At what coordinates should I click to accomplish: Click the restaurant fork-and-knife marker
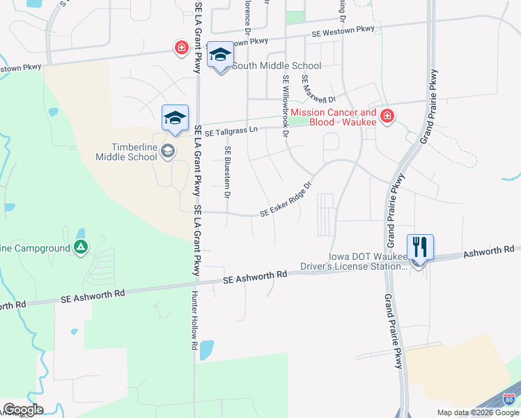click(419, 247)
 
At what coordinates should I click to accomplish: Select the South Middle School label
click(277, 66)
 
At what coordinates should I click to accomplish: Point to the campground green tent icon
click(81, 247)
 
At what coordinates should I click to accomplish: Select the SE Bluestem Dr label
click(227, 171)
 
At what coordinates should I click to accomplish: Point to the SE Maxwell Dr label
click(318, 90)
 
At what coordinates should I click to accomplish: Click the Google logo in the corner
click(23, 410)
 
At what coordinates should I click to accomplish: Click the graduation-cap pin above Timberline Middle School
click(175, 118)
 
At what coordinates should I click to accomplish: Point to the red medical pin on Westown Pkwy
click(181, 47)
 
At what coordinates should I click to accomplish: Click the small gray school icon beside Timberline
click(167, 150)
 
